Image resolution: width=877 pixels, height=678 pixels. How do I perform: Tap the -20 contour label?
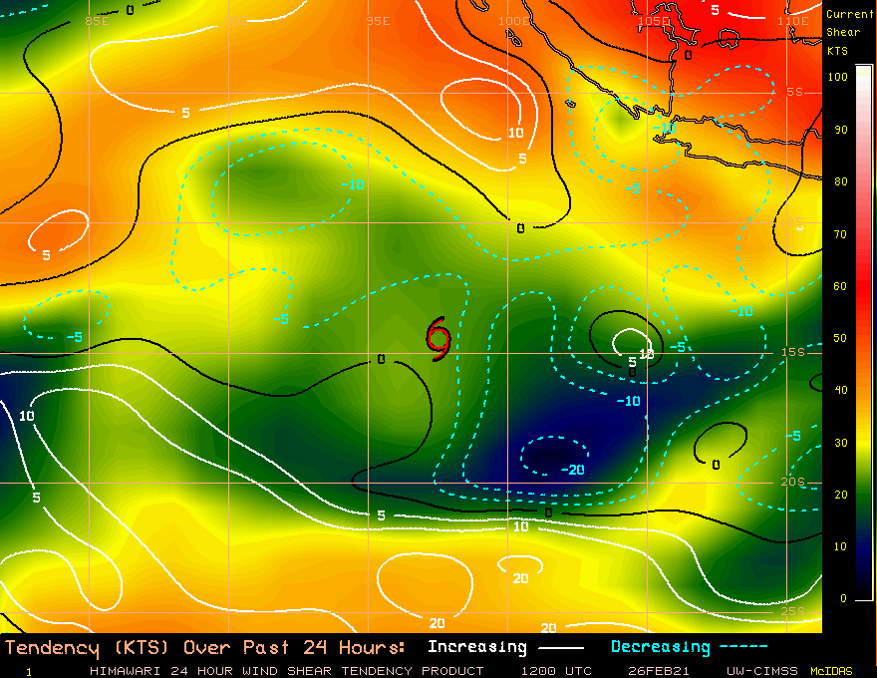pos(572,470)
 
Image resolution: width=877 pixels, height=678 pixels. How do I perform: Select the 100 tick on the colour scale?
pos(838,77)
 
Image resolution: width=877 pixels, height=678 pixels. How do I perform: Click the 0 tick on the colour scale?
pos(843,598)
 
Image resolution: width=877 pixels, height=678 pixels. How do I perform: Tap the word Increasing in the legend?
pos(476,647)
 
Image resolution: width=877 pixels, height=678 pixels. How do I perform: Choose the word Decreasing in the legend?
pos(660,647)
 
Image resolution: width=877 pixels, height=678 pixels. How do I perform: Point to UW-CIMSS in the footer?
pos(762,671)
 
